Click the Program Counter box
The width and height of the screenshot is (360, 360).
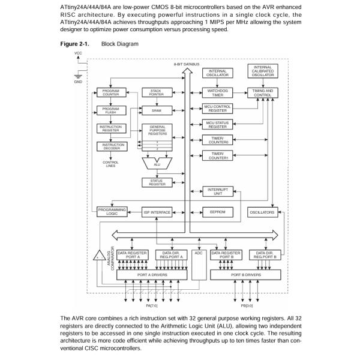[111, 93]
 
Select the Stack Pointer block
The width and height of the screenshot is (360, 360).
[156, 93]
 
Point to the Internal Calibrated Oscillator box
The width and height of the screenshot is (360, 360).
[263, 72]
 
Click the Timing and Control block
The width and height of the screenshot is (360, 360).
[263, 93]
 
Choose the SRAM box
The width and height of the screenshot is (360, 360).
[156, 110]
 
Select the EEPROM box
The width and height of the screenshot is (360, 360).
[217, 212]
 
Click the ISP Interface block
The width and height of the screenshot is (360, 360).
[157, 212]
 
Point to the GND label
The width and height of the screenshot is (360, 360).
[78, 82]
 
